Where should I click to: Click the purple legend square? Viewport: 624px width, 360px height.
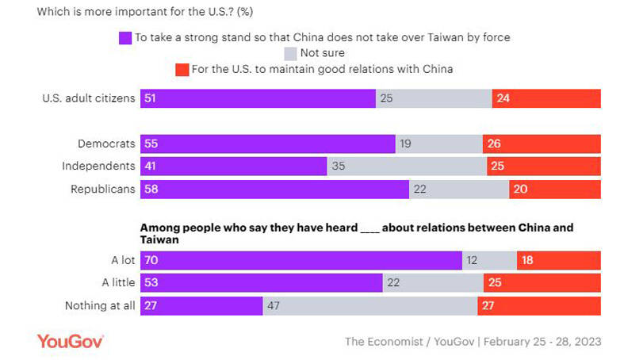124,37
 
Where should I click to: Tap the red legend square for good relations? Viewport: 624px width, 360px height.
180,69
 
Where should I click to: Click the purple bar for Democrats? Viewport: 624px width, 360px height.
267,144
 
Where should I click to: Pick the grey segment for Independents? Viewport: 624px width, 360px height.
407,167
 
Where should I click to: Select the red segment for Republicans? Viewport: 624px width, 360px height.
554,190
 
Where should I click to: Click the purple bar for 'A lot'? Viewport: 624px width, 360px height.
301,260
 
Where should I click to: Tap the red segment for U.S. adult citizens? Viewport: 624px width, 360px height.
546,98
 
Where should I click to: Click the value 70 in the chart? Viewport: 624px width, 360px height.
150,260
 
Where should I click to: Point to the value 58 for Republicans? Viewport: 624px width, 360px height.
150,190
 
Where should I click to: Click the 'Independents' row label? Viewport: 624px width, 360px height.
98,167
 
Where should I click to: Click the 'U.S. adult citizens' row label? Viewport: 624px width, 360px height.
87,98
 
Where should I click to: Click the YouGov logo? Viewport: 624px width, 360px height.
71,341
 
